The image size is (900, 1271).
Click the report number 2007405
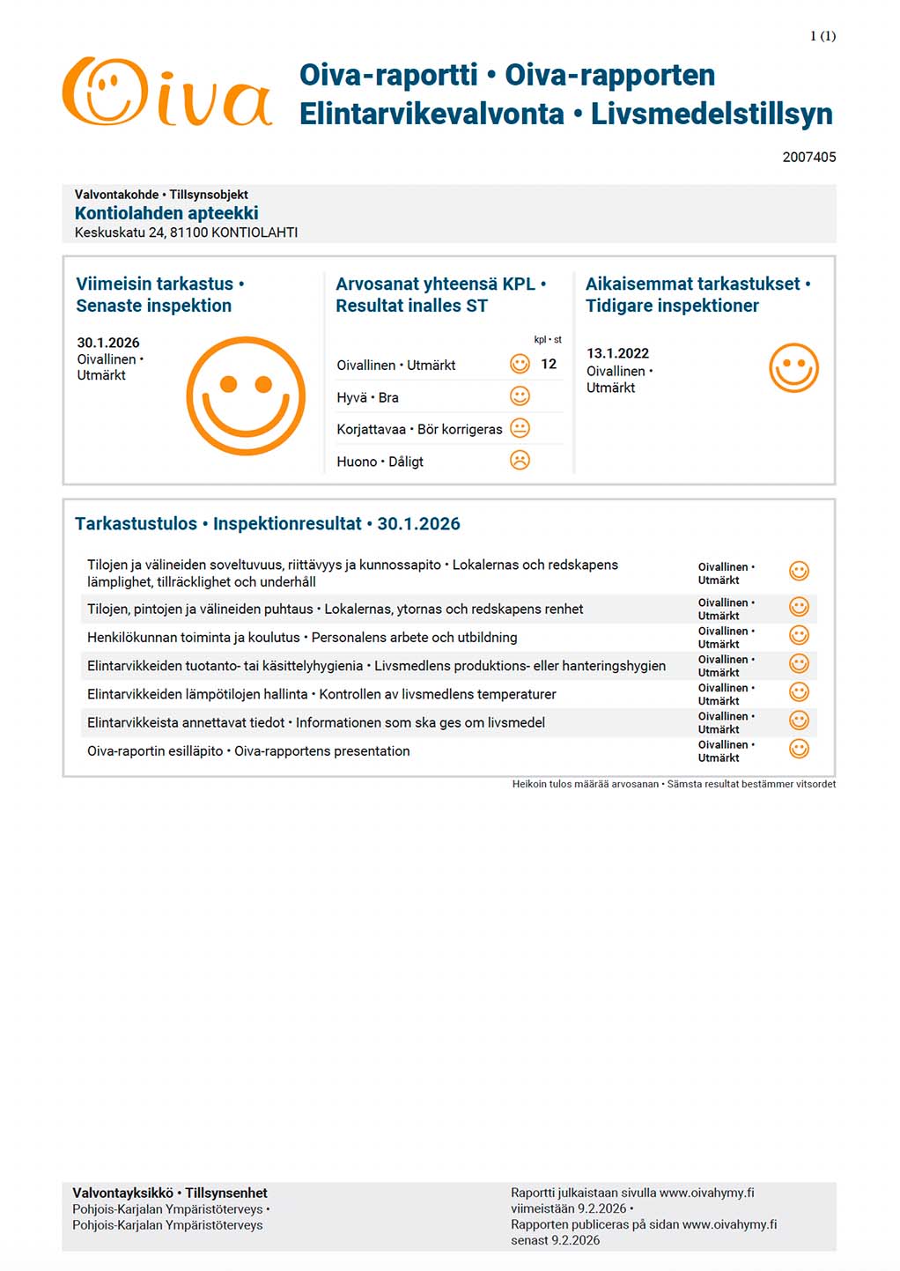click(808, 157)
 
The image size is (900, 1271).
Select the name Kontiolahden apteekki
click(166, 213)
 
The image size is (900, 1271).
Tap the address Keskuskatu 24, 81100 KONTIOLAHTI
click(186, 233)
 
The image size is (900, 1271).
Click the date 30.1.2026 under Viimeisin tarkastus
click(107, 343)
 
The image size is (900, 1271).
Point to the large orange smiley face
click(246, 395)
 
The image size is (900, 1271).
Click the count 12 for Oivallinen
click(549, 364)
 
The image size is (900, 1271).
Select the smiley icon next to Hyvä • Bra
click(520, 396)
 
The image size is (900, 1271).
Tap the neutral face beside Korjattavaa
click(520, 428)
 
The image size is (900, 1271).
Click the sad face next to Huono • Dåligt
click(520, 460)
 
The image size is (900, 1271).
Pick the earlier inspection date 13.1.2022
click(617, 353)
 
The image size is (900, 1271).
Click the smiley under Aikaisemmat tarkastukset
click(793, 368)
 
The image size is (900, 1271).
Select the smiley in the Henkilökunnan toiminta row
click(799, 635)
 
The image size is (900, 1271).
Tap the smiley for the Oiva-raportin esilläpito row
click(799, 749)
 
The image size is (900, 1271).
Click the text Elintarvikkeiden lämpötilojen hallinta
click(197, 694)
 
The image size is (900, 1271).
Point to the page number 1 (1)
click(823, 36)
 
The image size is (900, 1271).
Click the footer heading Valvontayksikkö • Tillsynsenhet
click(170, 1193)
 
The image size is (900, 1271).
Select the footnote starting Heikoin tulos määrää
click(674, 784)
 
